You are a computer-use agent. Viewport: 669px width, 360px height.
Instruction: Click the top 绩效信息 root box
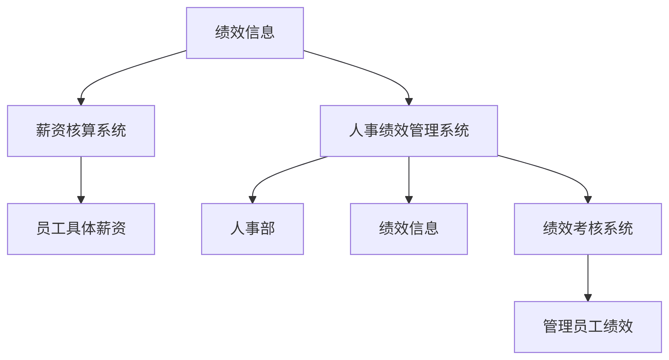245,33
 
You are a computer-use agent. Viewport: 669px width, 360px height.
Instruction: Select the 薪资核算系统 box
81,131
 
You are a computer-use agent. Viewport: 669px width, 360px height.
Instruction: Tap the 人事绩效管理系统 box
409,131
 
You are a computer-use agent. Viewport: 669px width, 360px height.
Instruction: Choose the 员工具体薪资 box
81,229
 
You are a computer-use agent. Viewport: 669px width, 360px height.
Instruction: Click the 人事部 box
252,229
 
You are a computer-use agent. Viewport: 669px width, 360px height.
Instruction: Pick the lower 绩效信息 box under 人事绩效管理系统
409,229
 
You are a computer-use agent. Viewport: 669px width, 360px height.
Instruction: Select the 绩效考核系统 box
588,229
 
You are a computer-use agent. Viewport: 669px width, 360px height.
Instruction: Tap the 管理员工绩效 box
588,327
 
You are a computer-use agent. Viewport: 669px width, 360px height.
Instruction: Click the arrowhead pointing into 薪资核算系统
81,102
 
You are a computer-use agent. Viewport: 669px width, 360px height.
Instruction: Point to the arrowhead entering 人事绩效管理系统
409,102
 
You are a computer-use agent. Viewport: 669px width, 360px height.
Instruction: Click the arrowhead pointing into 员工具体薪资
81,200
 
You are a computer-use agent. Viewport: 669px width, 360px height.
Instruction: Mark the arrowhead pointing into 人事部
253,200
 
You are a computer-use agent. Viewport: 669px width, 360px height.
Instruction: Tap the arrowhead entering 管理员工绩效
588,298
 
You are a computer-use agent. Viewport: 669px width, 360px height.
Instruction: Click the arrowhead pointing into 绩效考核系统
588,200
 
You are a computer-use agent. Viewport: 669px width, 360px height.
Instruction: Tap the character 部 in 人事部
268,228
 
